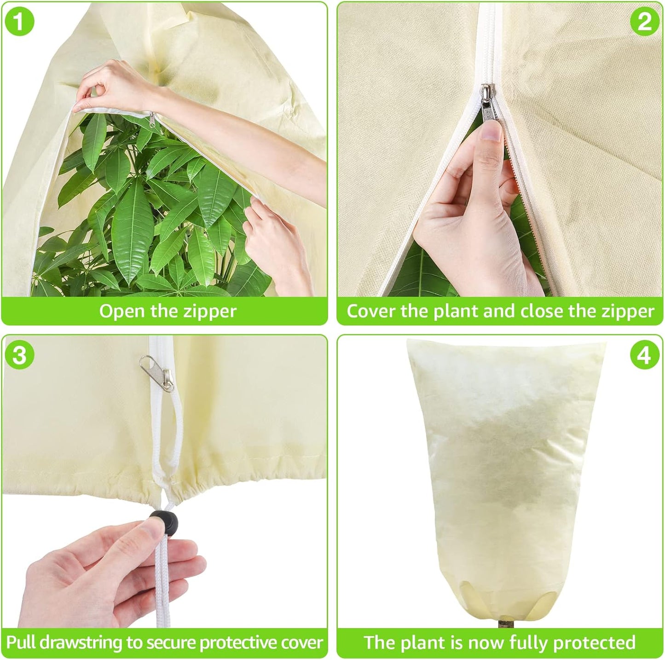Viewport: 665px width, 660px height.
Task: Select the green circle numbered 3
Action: pos(19,355)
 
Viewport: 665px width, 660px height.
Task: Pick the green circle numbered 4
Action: pos(644,355)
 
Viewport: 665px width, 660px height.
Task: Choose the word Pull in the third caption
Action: pos(21,643)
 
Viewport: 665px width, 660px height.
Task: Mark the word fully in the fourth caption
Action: pos(529,643)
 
